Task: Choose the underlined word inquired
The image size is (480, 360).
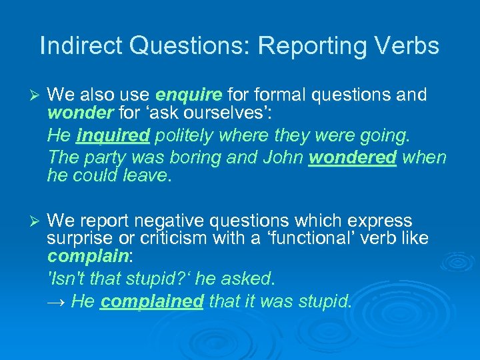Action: point(113,136)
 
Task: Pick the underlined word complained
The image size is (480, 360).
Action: point(151,301)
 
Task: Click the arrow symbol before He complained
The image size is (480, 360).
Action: point(57,302)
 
